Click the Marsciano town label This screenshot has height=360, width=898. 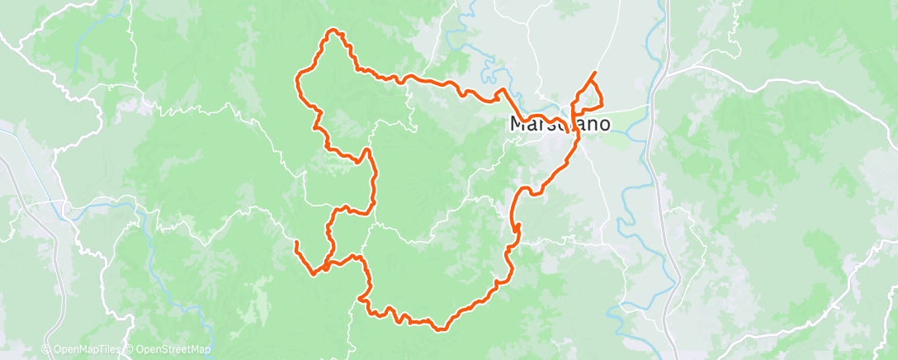point(560,125)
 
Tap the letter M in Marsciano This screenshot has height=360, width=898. point(518,125)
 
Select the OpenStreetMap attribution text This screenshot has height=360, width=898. point(172,350)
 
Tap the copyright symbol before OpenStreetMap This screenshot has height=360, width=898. point(130,350)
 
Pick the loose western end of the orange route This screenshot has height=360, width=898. point(295,242)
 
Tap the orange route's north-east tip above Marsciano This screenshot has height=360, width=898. point(594,73)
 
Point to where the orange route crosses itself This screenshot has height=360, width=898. point(328,266)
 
